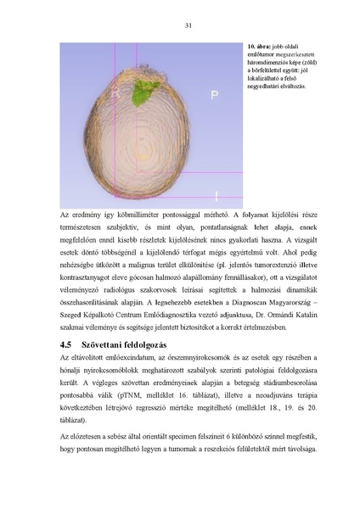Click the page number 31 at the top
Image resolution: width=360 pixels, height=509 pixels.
click(186, 25)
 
